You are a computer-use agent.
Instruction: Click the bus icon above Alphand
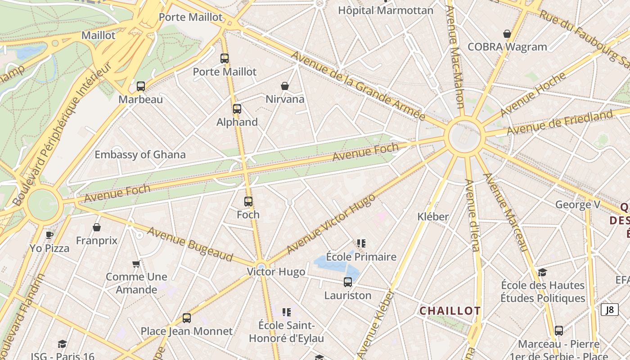[x=237, y=109]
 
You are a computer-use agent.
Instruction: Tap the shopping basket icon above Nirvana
[x=285, y=86]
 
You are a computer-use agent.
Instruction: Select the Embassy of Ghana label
[x=140, y=155]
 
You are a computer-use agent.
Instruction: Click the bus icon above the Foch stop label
[x=248, y=202]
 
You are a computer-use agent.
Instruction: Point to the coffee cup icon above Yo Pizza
[x=49, y=235]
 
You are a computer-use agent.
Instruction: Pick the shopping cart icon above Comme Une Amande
[x=136, y=264]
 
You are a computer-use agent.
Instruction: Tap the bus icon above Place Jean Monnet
[x=187, y=318]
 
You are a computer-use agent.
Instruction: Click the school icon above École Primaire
[x=361, y=243]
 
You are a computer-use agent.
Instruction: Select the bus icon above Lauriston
[x=348, y=283]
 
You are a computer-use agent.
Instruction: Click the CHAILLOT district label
[x=450, y=311]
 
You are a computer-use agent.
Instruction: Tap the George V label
[x=578, y=205]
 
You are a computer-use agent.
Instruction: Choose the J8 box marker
[x=610, y=310]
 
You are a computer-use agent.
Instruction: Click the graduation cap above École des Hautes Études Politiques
[x=543, y=272]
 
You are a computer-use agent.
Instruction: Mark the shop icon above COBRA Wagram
[x=507, y=34]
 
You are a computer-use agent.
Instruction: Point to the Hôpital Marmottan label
[x=386, y=10]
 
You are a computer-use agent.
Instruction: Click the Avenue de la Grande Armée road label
[x=358, y=85]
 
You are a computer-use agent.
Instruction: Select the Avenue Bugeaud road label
[x=190, y=244]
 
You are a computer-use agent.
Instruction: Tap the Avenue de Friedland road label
[x=560, y=122]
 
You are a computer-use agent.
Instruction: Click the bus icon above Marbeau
[x=141, y=86]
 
